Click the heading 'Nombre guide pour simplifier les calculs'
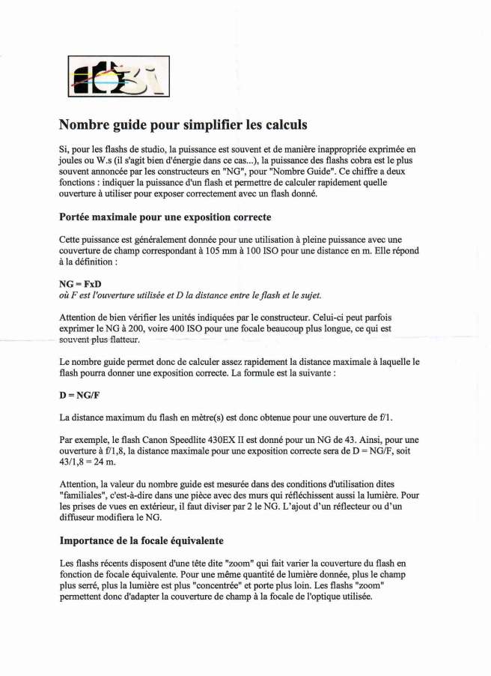pos(183,124)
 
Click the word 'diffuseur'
pos(80,518)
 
